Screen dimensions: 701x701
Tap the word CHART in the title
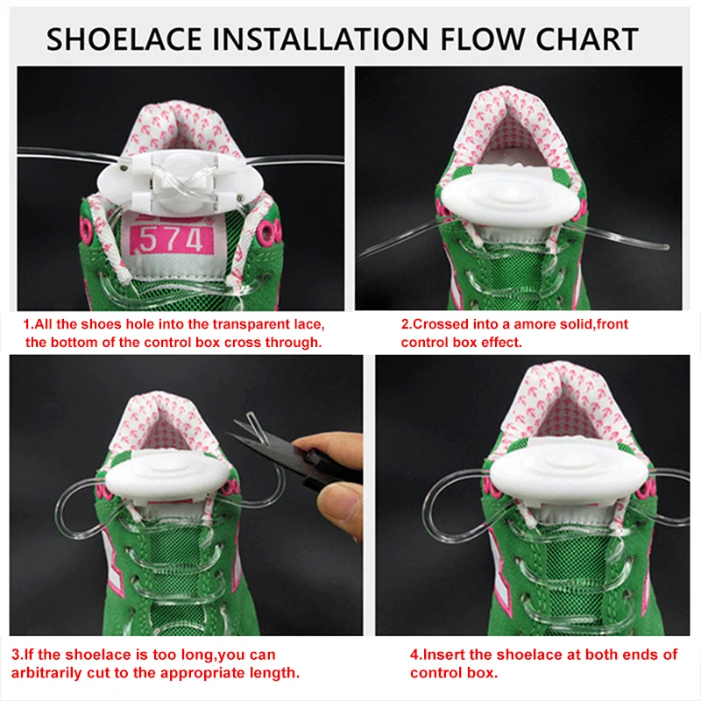click(x=586, y=39)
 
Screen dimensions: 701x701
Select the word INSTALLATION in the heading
click(x=320, y=39)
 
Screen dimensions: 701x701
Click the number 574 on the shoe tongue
click(x=171, y=240)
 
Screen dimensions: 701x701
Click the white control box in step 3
click(x=168, y=480)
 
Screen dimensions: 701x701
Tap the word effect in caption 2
click(x=501, y=343)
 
